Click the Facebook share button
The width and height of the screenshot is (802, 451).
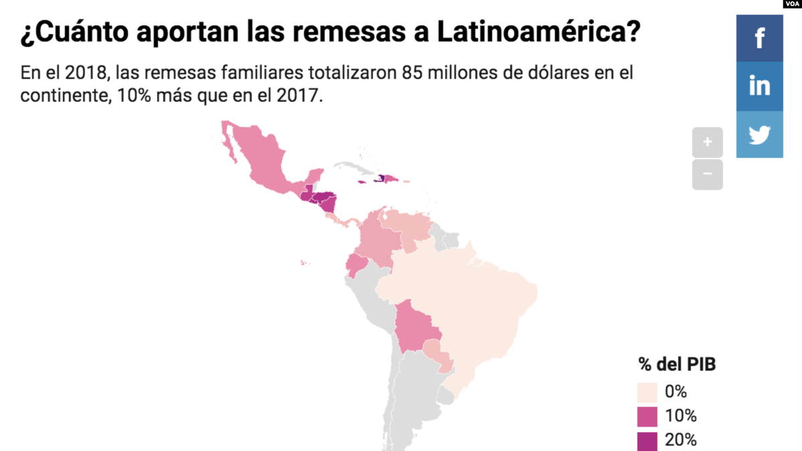[759, 38]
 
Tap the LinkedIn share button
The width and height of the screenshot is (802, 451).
[759, 86]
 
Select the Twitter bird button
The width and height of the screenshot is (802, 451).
[759, 135]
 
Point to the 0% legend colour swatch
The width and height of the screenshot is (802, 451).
[647, 392]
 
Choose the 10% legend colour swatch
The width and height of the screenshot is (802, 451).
[647, 416]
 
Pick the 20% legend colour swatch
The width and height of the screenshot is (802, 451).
[647, 440]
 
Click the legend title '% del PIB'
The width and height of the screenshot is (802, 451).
[677, 365]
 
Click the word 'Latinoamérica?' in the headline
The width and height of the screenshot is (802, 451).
[540, 33]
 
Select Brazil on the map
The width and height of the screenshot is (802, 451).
[469, 302]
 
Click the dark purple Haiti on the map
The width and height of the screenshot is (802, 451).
[381, 179]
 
